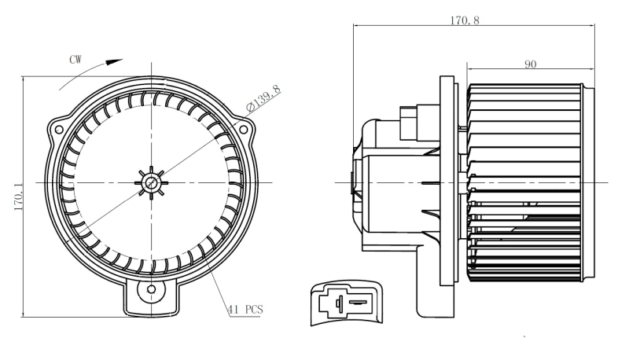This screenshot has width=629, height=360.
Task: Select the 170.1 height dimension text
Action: (x=17, y=197)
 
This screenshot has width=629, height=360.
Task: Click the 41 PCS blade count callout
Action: (x=245, y=309)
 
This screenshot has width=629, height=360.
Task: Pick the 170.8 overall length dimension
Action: (x=465, y=20)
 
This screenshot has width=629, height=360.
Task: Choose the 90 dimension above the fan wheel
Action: (x=531, y=64)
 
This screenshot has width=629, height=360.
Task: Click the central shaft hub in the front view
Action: (x=151, y=182)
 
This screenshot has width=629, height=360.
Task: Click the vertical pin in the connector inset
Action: (x=339, y=302)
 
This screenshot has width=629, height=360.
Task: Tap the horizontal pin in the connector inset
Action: (x=357, y=301)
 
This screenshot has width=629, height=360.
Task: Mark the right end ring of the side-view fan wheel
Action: (x=581, y=182)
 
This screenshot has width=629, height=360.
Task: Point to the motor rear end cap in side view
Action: (x=359, y=182)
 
